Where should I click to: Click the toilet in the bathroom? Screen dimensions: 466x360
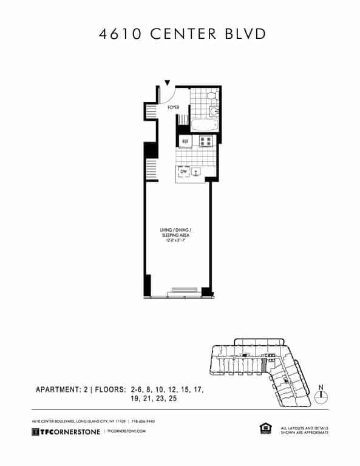pos(211,96)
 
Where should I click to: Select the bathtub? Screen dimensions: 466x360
pos(203,126)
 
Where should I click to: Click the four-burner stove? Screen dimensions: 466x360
pos(206,141)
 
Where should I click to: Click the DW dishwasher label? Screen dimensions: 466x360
pos(183,172)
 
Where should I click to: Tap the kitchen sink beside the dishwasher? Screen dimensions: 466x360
pos(196,172)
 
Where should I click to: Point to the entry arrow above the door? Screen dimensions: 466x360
pos(168,83)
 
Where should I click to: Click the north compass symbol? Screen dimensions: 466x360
pos(322,396)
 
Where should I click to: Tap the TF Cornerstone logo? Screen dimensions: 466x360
pos(66,431)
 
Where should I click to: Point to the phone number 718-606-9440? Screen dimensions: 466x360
pos(145,421)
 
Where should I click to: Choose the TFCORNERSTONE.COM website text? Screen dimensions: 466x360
pos(126,431)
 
